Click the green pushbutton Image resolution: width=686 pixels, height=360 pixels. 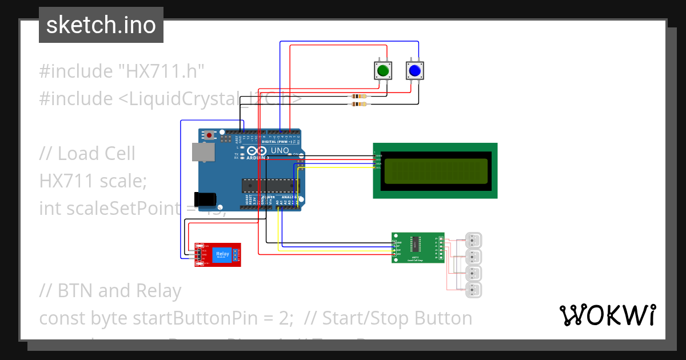point(382,71)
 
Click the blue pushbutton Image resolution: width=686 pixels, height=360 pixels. point(414,71)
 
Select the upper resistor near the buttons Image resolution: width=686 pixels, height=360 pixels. point(358,97)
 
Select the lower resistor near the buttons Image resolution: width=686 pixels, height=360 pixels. point(358,104)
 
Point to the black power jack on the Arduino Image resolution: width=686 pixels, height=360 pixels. point(205,199)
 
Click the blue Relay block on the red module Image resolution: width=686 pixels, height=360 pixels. point(222,255)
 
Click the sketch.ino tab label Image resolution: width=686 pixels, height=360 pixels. point(101,25)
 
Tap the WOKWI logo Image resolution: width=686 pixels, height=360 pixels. point(607,315)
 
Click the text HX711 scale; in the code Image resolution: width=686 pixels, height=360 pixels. point(93,181)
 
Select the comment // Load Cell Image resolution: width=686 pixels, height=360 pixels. point(87,153)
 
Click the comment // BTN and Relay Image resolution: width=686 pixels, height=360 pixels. point(110,291)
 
